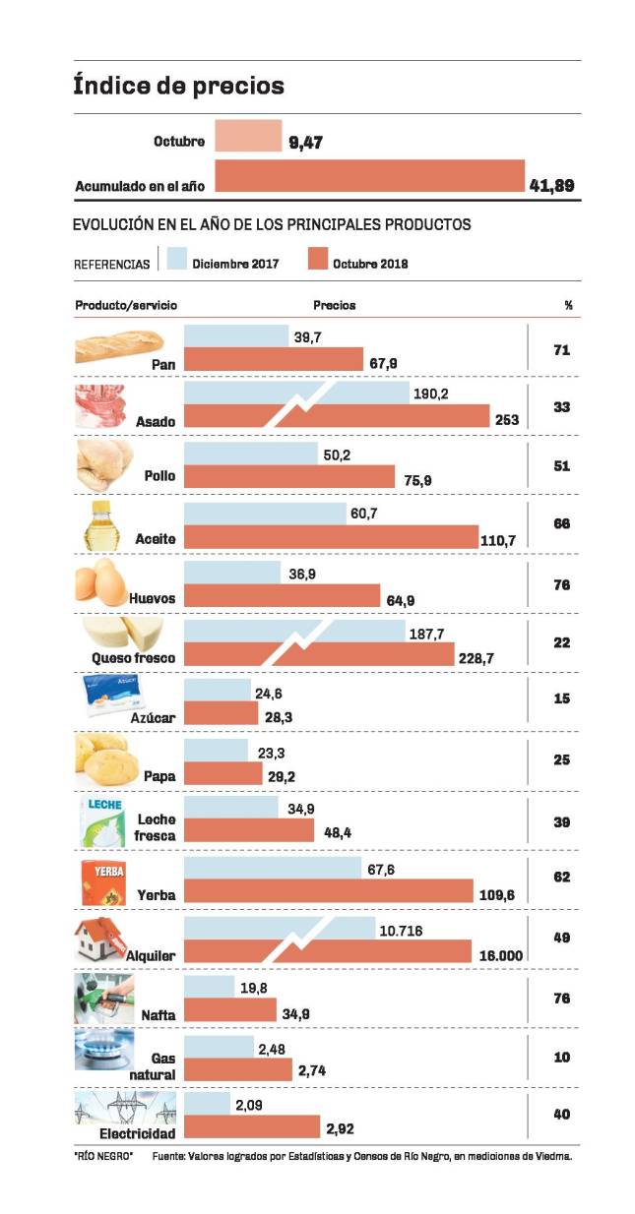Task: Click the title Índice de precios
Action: [x=178, y=86]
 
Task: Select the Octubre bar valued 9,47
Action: [x=248, y=136]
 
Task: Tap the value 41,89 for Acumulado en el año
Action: [x=551, y=185]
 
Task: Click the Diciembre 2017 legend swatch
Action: [x=176, y=259]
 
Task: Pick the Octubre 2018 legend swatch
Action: [x=317, y=259]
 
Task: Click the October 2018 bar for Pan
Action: [x=274, y=360]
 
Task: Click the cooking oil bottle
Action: [x=104, y=525]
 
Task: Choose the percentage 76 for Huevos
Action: [x=562, y=584]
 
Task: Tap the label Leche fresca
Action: [x=157, y=827]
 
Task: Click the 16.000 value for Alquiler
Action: [x=499, y=954]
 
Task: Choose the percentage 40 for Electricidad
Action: [x=562, y=1114]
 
